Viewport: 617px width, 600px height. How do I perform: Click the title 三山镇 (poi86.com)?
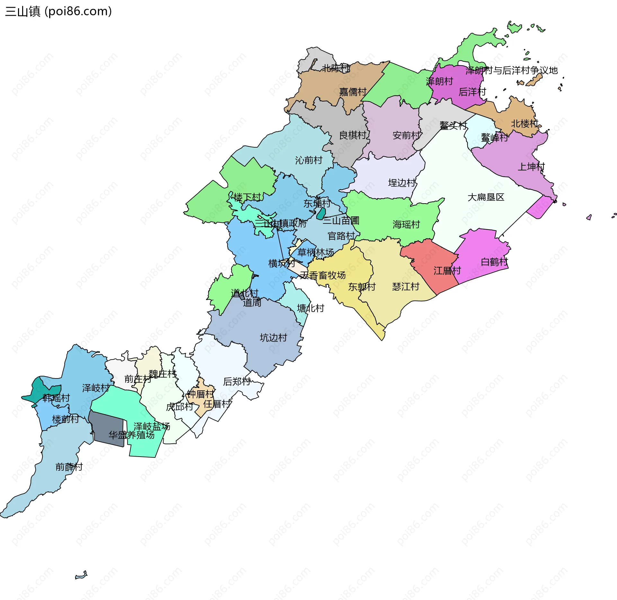pyautogui.click(x=58, y=11)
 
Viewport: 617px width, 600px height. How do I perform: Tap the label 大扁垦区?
pyautogui.click(x=486, y=197)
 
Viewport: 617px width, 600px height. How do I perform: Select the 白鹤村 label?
pyautogui.click(x=494, y=262)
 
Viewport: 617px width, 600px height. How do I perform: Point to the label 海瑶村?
pyautogui.click(x=406, y=224)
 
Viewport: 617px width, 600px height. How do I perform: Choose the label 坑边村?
pyautogui.click(x=273, y=338)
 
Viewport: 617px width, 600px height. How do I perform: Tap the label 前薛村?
pyautogui.click(x=69, y=467)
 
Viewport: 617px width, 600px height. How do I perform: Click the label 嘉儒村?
pyautogui.click(x=353, y=92)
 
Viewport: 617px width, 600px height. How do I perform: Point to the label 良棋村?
pyautogui.click(x=353, y=135)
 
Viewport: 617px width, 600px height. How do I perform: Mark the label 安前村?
pyautogui.click(x=406, y=135)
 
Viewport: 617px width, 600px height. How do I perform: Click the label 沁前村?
pyautogui.click(x=308, y=160)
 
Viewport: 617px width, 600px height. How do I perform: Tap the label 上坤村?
pyautogui.click(x=531, y=167)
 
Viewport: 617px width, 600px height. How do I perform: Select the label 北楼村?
pyautogui.click(x=524, y=123)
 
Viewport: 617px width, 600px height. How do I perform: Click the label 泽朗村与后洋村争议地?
pyautogui.click(x=512, y=70)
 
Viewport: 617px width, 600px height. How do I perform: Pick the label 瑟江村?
pyautogui.click(x=406, y=286)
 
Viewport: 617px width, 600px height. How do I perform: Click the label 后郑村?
pyautogui.click(x=237, y=382)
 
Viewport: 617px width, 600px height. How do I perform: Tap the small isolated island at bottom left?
pyautogui.click(x=81, y=575)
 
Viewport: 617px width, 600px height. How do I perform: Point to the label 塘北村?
pyautogui.click(x=310, y=308)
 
